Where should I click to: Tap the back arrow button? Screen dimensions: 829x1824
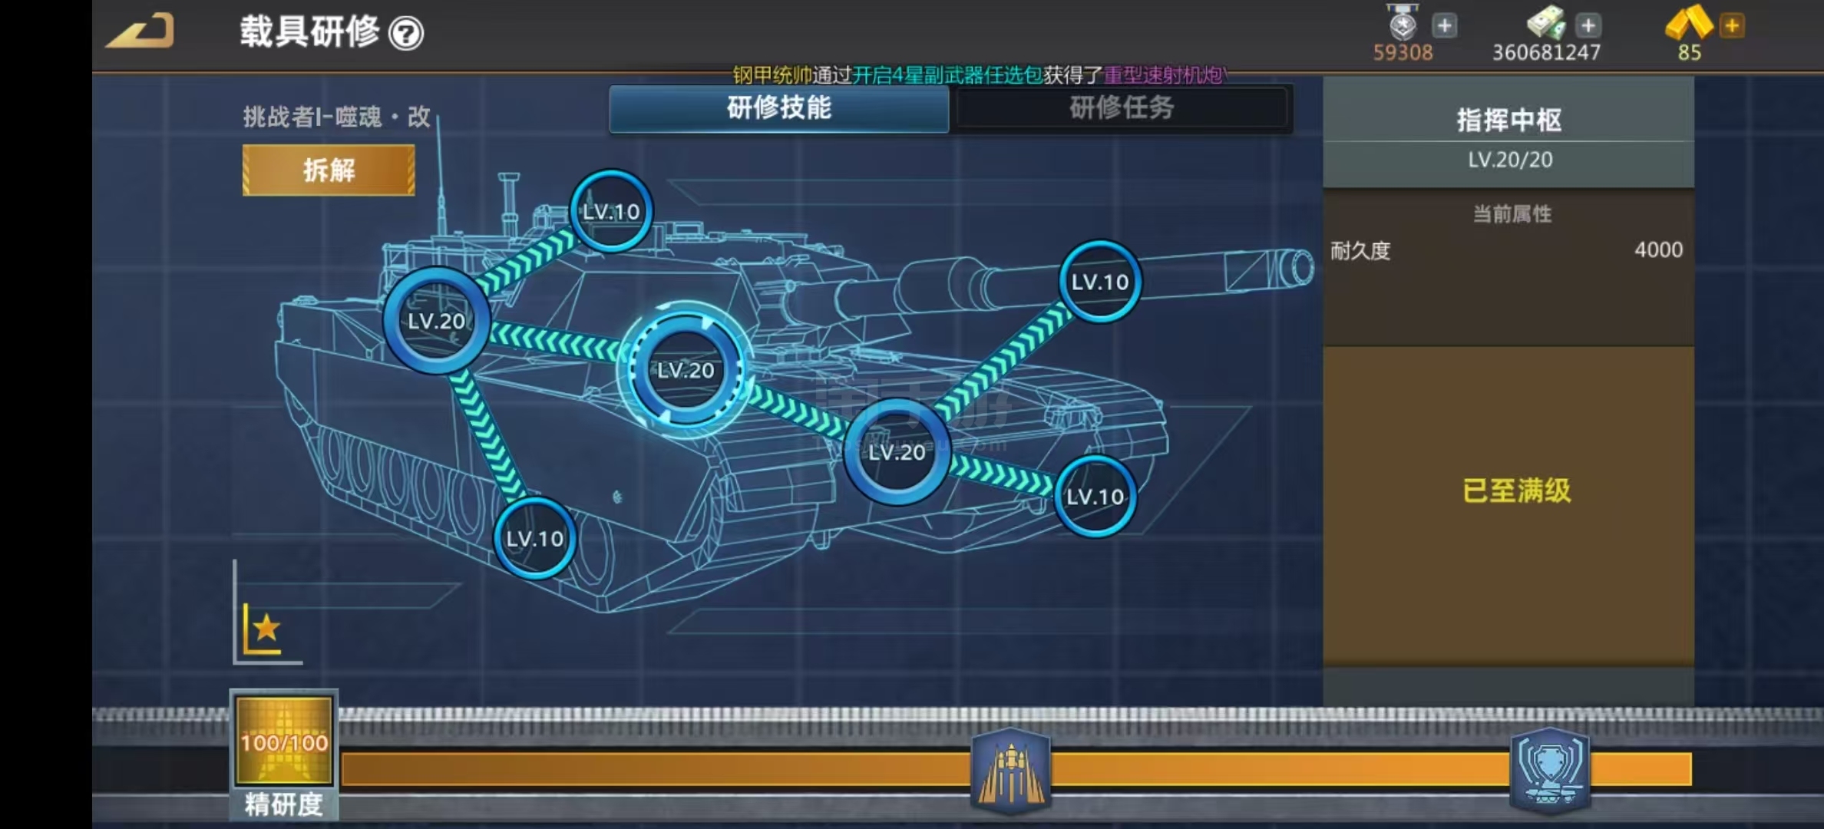coord(141,31)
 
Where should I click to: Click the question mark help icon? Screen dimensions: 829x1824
coord(406,34)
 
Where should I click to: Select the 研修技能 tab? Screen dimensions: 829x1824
coord(778,108)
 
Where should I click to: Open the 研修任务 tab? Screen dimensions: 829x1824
coord(1121,108)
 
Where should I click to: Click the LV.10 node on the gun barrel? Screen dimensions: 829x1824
coord(1099,282)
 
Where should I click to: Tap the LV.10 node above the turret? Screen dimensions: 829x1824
coord(611,211)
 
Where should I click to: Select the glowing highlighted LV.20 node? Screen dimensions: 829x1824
coord(686,370)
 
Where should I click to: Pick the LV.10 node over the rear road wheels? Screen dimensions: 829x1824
coord(534,538)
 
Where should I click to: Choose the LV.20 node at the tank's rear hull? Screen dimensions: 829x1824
coord(436,321)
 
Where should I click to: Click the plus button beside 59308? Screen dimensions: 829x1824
coord(1444,26)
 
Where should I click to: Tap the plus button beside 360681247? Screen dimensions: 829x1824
coord(1588,26)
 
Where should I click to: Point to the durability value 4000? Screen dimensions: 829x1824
coord(1658,249)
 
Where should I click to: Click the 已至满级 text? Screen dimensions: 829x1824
coord(1516,490)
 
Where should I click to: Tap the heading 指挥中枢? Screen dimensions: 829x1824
coord(1508,120)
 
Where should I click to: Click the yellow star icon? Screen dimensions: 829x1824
coord(266,629)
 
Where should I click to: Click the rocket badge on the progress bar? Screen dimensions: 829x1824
coord(1010,770)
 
